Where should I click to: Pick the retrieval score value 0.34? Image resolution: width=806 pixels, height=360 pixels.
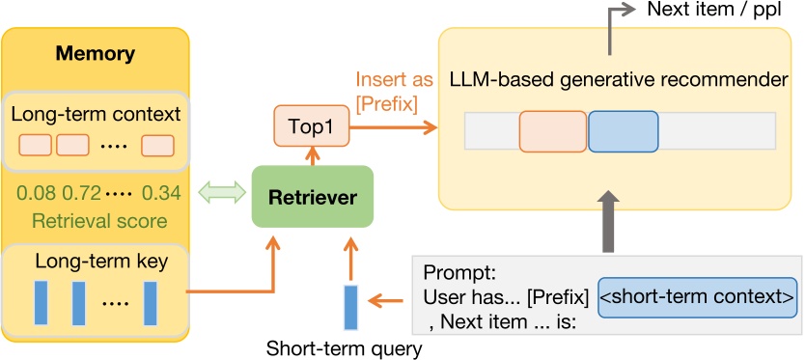tap(160, 193)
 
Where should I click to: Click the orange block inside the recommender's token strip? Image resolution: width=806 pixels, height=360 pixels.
tap(552, 131)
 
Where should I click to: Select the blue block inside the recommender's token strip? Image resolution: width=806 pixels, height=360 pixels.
tap(623, 131)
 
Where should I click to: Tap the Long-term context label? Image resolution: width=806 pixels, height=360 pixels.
tap(96, 114)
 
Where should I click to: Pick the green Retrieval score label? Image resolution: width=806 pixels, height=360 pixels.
tap(95, 221)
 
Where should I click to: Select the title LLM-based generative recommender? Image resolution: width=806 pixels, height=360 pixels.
tap(620, 79)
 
